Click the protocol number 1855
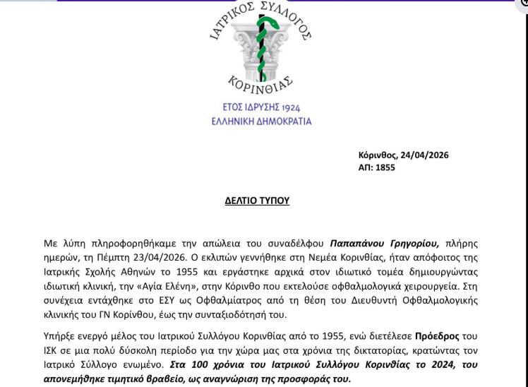point(385,167)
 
